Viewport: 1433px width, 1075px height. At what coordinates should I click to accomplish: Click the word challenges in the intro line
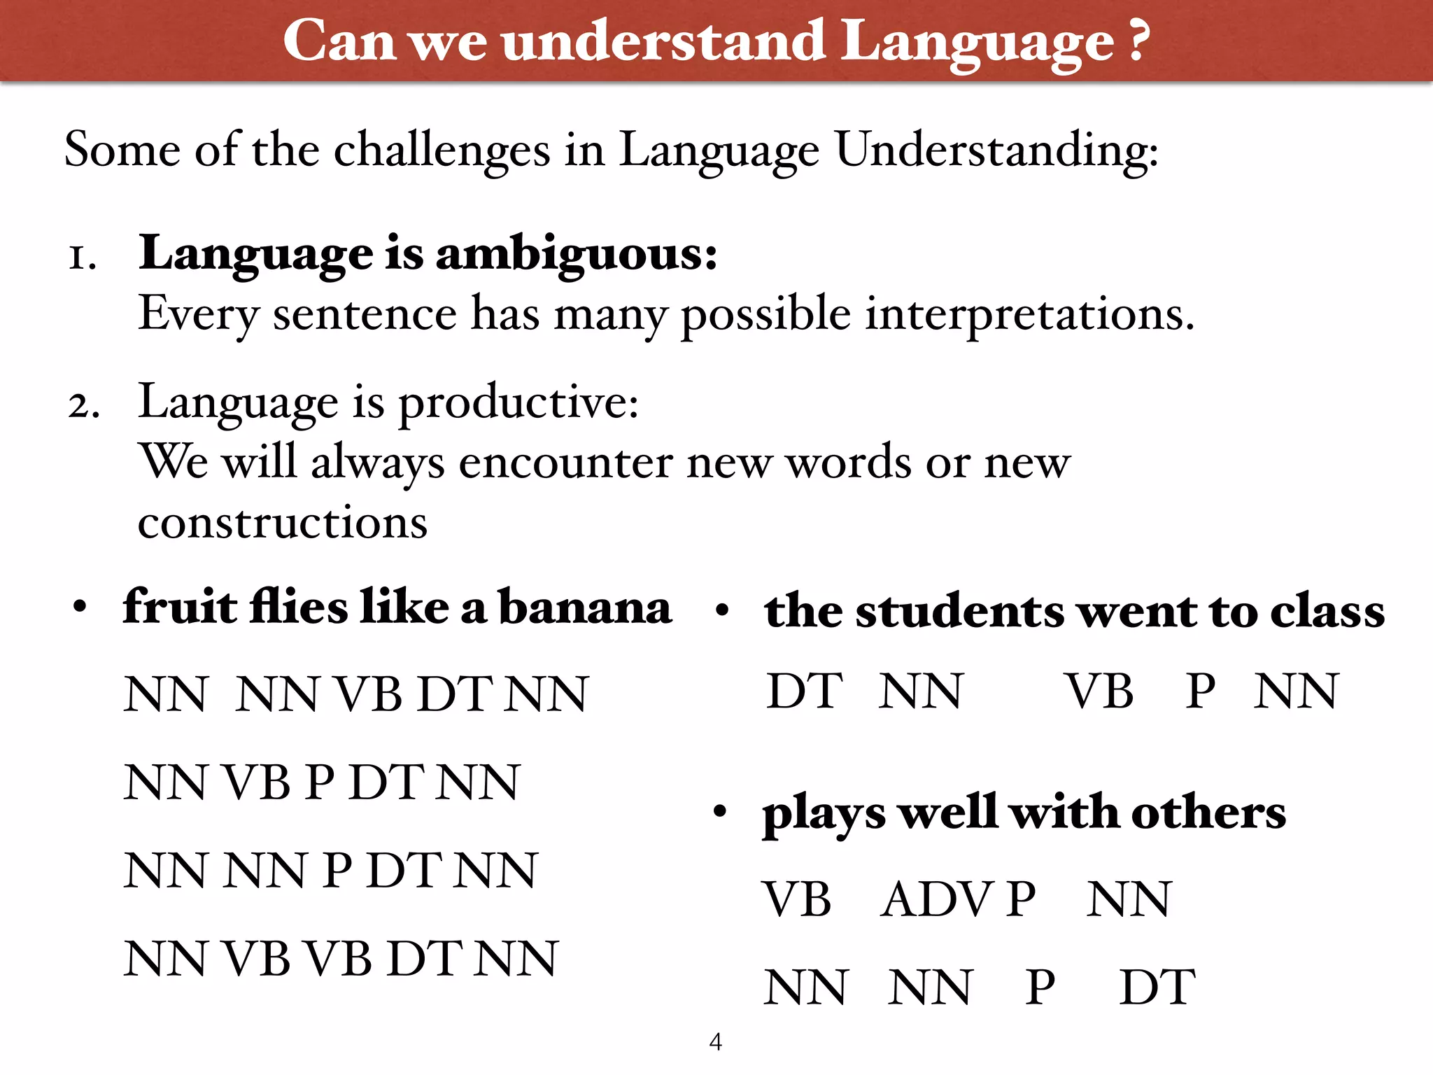click(x=442, y=150)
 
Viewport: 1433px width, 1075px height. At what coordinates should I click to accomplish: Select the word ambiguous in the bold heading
click(x=577, y=254)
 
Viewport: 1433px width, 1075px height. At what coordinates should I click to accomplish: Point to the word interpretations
click(x=1029, y=314)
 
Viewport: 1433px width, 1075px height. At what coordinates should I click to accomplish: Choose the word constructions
click(x=282, y=523)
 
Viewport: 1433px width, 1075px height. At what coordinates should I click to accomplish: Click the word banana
click(x=585, y=607)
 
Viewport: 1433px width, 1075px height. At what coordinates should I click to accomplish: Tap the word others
click(x=1208, y=813)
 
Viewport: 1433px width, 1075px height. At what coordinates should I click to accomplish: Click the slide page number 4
click(x=715, y=1041)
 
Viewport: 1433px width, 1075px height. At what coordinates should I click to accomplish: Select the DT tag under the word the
click(x=804, y=691)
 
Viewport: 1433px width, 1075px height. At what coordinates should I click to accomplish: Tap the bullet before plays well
click(x=720, y=813)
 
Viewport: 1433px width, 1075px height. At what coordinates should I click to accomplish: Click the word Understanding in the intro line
click(x=996, y=150)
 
